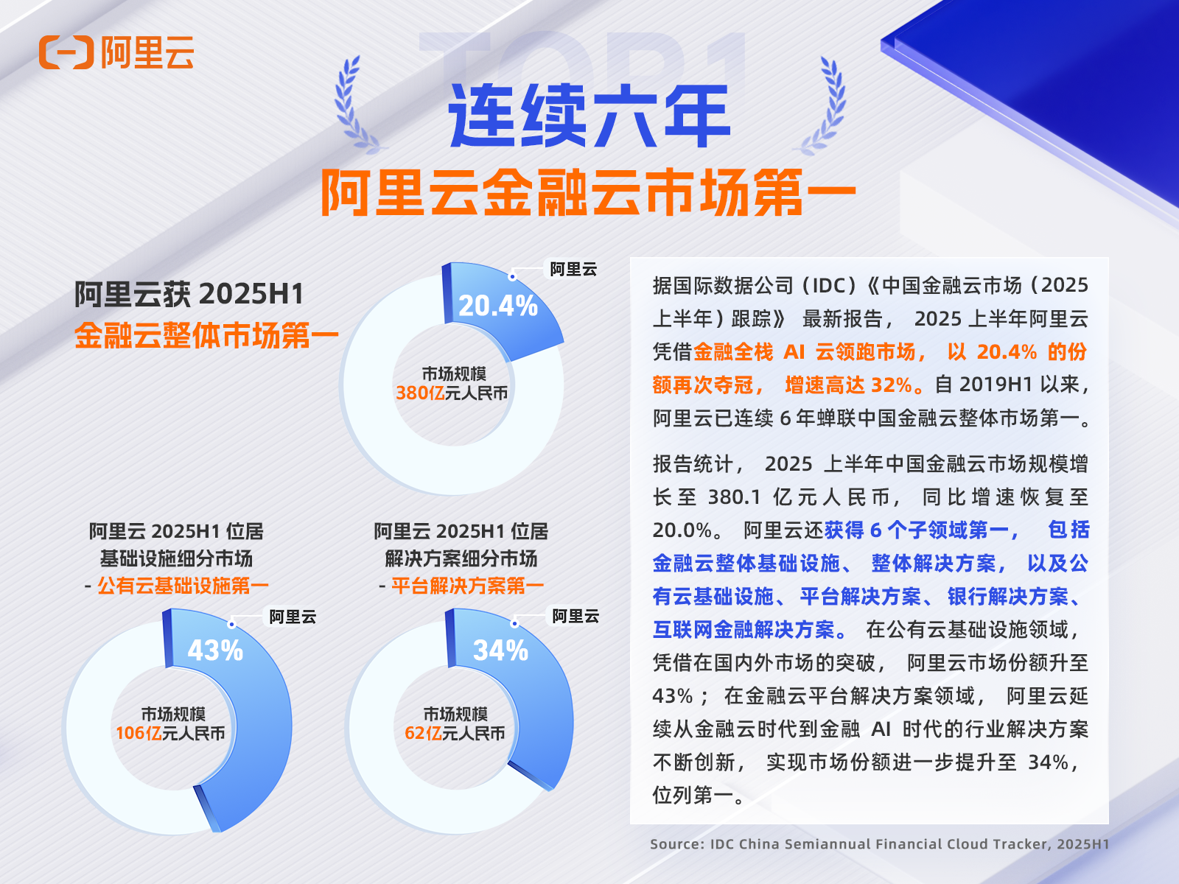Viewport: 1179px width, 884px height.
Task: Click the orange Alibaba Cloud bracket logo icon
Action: pos(66,52)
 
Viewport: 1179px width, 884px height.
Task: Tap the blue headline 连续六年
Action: pos(589,116)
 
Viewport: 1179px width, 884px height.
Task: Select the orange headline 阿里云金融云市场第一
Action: pos(588,193)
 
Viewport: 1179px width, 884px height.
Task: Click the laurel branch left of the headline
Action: pos(354,105)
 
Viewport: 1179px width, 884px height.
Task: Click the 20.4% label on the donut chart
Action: pos(498,306)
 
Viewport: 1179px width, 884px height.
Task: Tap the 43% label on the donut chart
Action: pos(215,650)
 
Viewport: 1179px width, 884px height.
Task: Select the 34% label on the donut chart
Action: pos(500,650)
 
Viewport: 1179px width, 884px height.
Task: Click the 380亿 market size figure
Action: pos(420,393)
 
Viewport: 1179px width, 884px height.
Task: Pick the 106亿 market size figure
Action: pos(139,734)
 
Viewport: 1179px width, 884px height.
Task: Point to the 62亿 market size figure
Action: pos(423,734)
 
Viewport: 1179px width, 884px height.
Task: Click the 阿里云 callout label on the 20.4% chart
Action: pos(573,270)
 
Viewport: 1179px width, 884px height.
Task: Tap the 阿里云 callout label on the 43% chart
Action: pos(293,617)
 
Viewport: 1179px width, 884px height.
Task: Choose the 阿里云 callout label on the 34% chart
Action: pos(575,617)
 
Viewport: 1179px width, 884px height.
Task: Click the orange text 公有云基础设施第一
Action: pos(183,586)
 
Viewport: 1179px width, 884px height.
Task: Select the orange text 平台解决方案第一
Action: pos(467,586)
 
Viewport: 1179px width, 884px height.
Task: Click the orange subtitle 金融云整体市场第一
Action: pos(206,336)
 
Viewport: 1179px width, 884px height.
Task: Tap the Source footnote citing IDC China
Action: pos(879,844)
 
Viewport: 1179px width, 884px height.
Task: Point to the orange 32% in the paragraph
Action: pos(892,385)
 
